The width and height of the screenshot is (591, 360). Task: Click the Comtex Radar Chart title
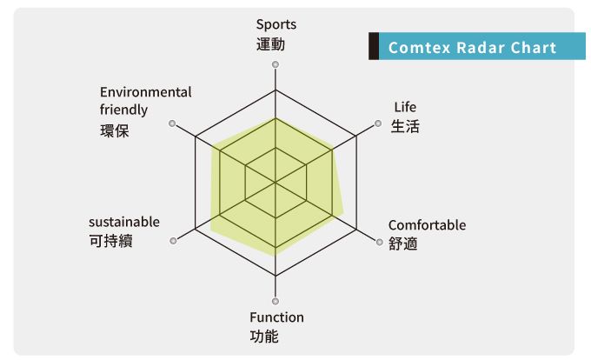point(472,48)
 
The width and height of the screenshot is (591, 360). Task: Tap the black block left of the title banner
point(374,47)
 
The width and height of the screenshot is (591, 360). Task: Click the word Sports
point(276,25)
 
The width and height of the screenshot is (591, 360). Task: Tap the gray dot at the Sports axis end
point(276,65)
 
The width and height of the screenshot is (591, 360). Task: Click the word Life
point(405,107)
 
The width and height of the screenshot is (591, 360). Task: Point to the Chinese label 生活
point(405,127)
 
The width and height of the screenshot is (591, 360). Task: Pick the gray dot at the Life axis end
point(378,124)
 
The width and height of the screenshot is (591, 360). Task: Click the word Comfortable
point(427,225)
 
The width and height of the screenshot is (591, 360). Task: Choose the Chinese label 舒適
point(403,244)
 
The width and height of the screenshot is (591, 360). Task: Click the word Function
point(276,317)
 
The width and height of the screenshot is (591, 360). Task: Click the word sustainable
point(124,222)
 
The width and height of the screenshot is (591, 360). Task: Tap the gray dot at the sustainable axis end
point(174,241)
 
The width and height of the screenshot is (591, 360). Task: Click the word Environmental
point(146,92)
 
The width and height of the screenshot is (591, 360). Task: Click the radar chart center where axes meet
point(276,183)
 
